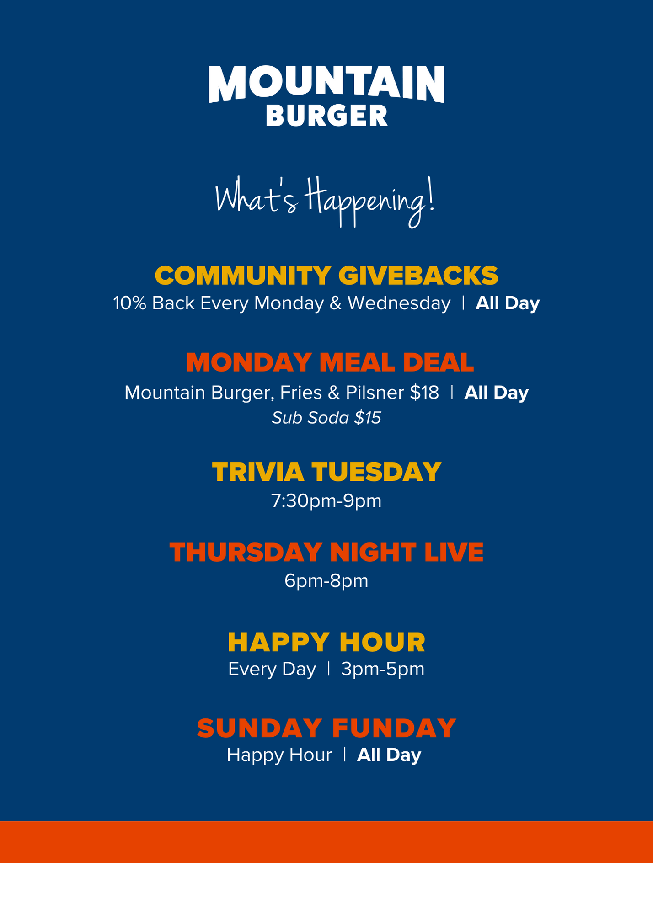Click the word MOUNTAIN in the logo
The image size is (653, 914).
326,84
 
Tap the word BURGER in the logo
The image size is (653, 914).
326,115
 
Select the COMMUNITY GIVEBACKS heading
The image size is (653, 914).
326,275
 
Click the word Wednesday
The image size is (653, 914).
399,303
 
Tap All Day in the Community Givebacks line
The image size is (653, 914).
508,303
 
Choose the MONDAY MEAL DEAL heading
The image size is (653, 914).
330,362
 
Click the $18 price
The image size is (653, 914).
424,393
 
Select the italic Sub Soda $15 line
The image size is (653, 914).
326,418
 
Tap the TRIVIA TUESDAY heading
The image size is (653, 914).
326,472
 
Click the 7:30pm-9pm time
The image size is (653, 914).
326,501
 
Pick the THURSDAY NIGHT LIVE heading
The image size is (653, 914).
326,552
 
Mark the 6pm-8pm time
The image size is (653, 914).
326,581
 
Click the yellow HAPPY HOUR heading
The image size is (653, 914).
326,642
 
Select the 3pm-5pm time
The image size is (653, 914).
383,669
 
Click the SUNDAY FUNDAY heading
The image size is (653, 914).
326,728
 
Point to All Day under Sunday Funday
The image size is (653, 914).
389,755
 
